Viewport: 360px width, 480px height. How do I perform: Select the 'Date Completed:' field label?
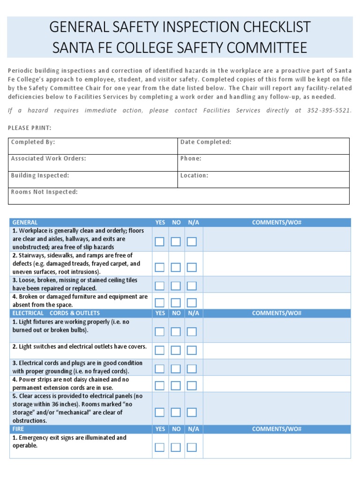tap(206, 142)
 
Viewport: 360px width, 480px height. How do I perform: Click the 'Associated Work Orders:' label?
tap(48, 158)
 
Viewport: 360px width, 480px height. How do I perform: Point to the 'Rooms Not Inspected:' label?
tap(44, 192)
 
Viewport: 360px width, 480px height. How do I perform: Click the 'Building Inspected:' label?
tap(40, 175)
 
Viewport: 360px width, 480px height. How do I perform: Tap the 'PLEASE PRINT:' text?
tap(30, 128)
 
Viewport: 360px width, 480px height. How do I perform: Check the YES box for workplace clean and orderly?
tap(160, 242)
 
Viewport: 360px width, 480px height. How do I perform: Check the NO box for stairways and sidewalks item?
tap(176, 267)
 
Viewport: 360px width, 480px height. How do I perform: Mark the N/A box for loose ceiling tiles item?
tap(192, 285)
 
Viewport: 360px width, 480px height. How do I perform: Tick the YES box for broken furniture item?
tap(160, 302)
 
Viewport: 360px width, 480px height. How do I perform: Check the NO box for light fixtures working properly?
tap(176, 331)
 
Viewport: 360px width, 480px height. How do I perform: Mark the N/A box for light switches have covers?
tap(192, 350)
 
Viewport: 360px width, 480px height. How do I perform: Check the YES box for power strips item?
tap(160, 385)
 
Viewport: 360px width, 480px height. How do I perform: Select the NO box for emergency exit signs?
tap(176, 447)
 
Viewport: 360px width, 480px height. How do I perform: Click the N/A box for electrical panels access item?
tap(192, 412)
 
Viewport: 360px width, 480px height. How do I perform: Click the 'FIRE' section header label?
tap(18, 429)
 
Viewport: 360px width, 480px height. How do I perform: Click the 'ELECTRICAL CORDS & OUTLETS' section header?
tap(56, 313)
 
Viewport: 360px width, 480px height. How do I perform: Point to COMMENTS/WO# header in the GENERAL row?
tap(276, 223)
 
